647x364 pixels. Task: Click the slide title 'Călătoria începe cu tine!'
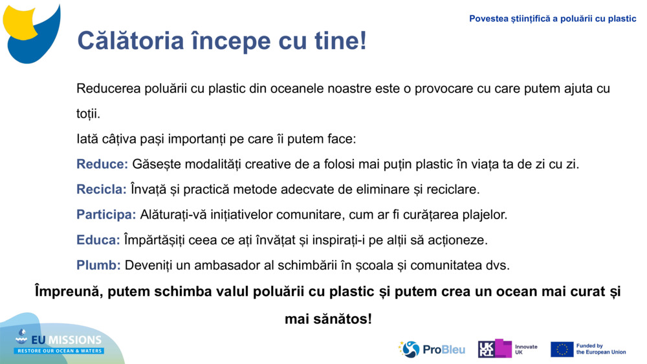(x=222, y=41)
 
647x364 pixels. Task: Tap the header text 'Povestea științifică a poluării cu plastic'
(x=553, y=19)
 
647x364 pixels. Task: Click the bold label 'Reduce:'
(x=102, y=164)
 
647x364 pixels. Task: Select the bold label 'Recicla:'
(x=102, y=189)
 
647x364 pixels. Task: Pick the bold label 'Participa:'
(x=106, y=215)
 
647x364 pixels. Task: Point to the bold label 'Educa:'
(x=98, y=240)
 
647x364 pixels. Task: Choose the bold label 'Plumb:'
(x=98, y=265)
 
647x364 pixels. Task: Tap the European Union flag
(x=562, y=349)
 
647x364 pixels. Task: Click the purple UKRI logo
(x=494, y=349)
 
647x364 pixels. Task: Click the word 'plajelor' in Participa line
(x=485, y=215)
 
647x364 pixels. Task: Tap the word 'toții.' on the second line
(x=88, y=114)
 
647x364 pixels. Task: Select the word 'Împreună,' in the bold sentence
(x=68, y=292)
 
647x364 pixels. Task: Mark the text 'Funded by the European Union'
(x=601, y=349)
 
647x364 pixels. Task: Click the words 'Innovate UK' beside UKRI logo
(x=525, y=349)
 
